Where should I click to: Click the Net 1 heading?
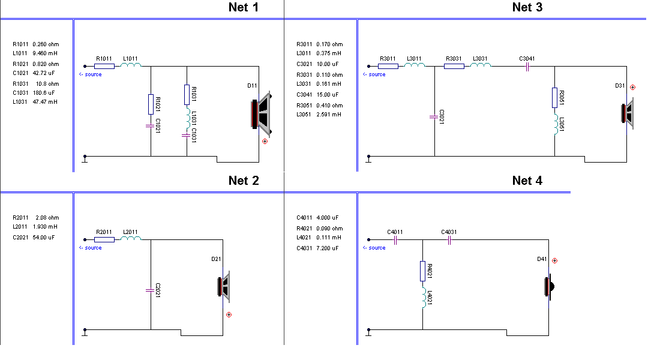244,7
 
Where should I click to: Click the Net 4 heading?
527,181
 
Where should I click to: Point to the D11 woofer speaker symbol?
261,113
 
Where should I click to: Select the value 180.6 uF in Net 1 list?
46,93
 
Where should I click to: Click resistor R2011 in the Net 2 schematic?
104,239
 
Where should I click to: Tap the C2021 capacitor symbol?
151,290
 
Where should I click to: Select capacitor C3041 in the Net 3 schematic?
527,66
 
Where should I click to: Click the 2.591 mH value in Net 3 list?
329,115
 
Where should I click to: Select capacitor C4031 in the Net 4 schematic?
449,239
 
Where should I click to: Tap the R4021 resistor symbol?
422,271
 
